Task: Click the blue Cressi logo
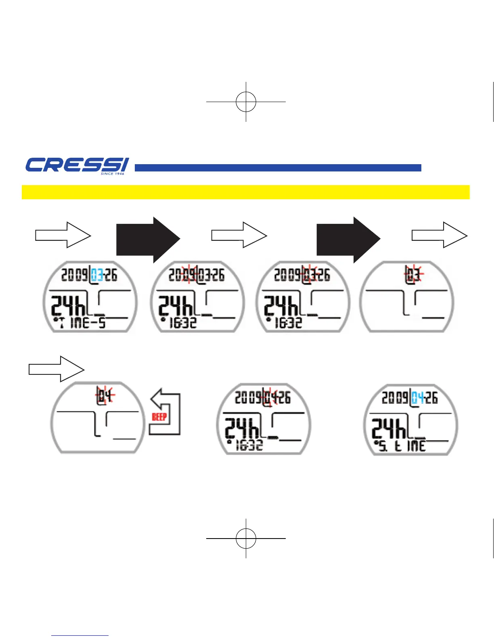(77, 165)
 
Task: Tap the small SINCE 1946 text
(113, 174)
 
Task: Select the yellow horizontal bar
(245, 192)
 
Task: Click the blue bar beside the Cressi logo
(278, 168)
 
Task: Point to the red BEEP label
(159, 417)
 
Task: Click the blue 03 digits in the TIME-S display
(96, 275)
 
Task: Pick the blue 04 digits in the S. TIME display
(418, 398)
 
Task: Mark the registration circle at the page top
(246, 102)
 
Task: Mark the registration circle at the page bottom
(246, 538)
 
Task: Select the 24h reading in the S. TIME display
(389, 428)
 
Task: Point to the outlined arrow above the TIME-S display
(63, 234)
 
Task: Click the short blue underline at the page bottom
(80, 636)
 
